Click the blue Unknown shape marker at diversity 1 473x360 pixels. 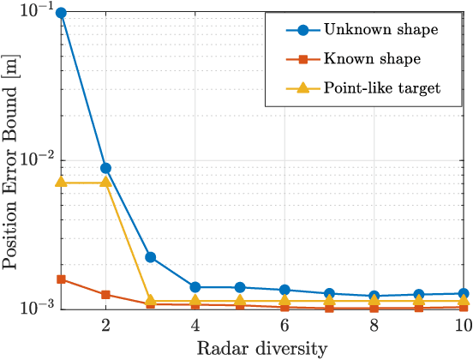61,14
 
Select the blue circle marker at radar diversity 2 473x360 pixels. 105,168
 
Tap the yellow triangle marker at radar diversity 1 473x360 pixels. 61,183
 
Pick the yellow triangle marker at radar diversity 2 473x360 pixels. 105,183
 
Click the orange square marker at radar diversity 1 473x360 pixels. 61,279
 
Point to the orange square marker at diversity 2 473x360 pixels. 105,295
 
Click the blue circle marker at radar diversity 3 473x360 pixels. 150,257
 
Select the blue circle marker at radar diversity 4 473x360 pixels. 195,287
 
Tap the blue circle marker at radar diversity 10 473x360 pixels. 464,293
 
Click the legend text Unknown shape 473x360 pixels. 380,30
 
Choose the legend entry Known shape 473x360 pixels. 373,58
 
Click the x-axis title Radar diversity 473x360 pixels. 262,348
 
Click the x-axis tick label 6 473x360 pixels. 284,326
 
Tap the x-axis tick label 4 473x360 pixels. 195,326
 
